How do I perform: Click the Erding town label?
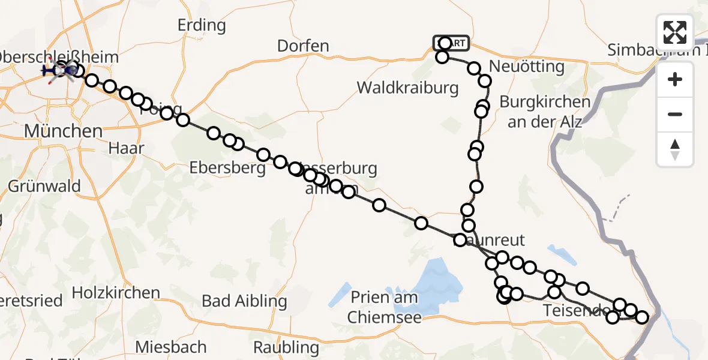click(202, 25)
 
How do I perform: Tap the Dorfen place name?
click(303, 46)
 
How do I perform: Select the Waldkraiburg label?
click(408, 88)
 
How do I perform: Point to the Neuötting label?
click(527, 66)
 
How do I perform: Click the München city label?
click(55, 130)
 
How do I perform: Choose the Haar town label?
click(127, 148)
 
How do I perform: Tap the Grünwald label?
click(44, 186)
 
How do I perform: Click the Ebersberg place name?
click(227, 168)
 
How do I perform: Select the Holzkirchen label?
click(116, 293)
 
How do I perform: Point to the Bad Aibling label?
click(244, 301)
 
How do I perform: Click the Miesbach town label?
click(171, 347)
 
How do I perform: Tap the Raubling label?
click(286, 347)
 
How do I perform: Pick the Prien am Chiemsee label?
click(384, 307)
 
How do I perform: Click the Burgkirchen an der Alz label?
click(545, 111)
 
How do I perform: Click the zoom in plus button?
click(675, 79)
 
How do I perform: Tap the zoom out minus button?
click(675, 114)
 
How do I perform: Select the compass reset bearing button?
click(675, 149)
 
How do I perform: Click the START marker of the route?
click(451, 43)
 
